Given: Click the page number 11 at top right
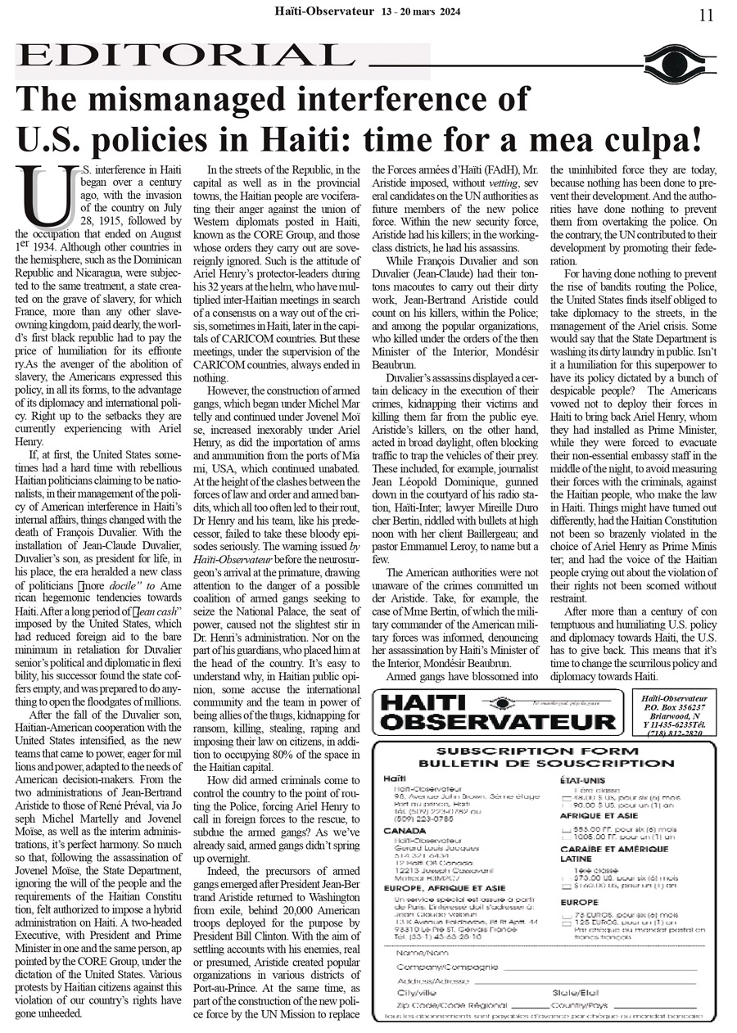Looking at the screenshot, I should coord(706,15).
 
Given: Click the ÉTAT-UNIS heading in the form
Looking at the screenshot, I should coord(582,781).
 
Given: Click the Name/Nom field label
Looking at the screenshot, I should coord(417,954).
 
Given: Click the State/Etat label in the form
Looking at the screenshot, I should coord(575,992).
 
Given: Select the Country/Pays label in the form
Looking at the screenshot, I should coord(580,1005).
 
